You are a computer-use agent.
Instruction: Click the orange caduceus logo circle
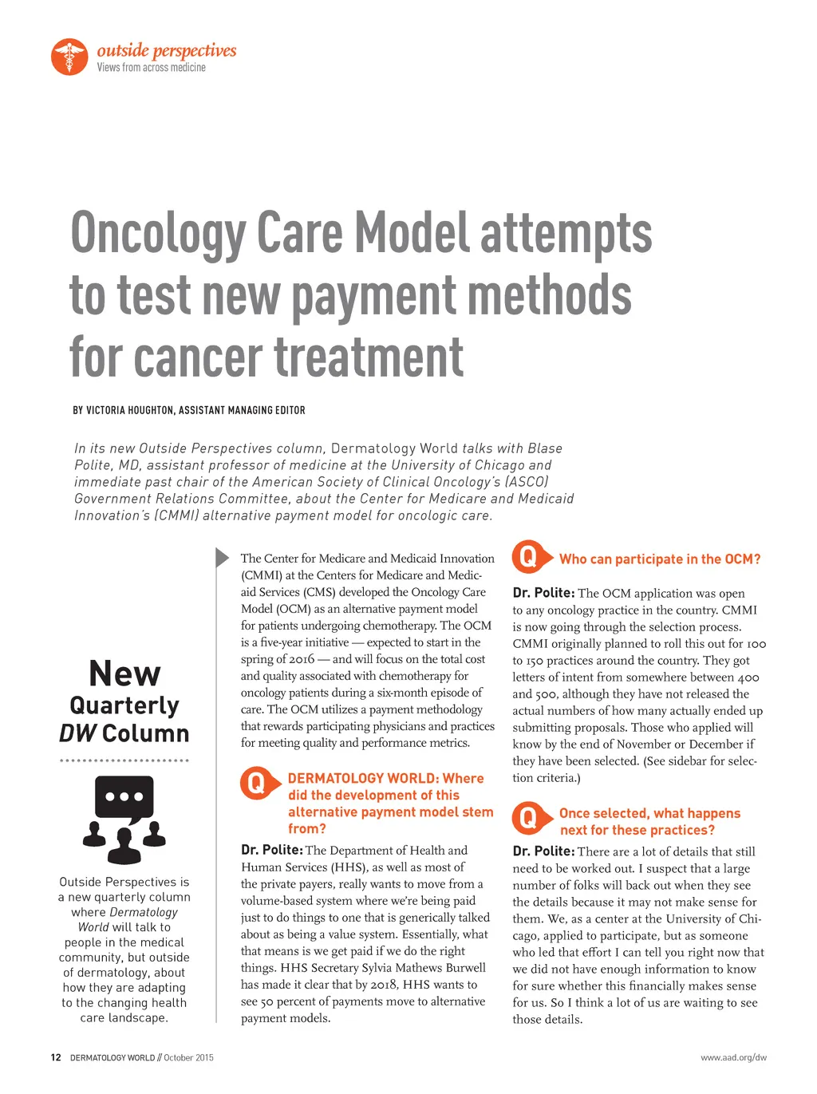click(x=69, y=57)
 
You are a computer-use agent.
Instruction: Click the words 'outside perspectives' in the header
click(x=167, y=50)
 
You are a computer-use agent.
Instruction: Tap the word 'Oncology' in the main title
click(x=158, y=235)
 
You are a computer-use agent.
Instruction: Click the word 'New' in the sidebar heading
click(x=124, y=673)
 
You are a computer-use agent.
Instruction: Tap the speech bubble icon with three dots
click(x=124, y=799)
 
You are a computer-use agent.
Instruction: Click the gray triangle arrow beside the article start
click(x=223, y=557)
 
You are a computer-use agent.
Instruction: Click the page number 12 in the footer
click(x=56, y=1057)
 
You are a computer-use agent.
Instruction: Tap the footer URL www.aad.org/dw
click(x=733, y=1057)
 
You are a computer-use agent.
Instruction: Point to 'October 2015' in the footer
click(x=189, y=1057)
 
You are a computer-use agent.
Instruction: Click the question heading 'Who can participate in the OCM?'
click(x=660, y=559)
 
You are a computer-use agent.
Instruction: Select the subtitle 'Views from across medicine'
click(x=152, y=68)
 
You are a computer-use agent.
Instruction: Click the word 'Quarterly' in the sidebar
click(x=124, y=705)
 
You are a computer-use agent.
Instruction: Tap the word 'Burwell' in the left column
click(x=466, y=968)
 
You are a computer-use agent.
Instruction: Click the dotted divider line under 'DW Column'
click(x=124, y=760)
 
